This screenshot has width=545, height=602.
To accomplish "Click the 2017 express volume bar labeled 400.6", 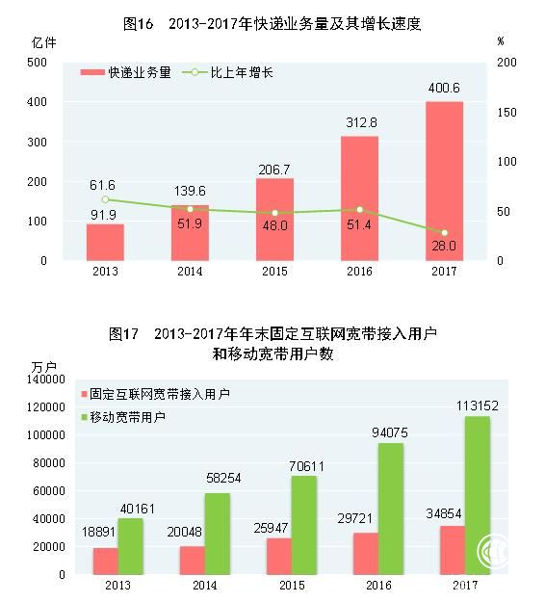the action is coord(444,181).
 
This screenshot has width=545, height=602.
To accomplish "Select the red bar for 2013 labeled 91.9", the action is coord(105,243).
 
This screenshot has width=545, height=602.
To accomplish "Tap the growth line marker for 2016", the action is coord(359,210).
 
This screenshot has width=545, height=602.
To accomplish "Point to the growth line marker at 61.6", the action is coord(106,199).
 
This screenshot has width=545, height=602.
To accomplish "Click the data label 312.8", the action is coord(361,122).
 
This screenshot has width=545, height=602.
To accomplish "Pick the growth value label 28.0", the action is coord(444,246).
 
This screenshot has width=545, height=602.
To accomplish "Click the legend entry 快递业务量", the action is coord(126,72).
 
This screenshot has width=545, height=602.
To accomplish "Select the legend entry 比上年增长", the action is coord(227,72).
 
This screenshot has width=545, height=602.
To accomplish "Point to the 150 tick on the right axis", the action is coord(506,112).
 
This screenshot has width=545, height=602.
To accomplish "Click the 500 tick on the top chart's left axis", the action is coord(37,63).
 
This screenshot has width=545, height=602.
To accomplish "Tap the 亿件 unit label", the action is coord(43,42).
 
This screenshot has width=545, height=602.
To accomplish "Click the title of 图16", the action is coord(272,24).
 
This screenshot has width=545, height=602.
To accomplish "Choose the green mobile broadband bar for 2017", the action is coord(478,495).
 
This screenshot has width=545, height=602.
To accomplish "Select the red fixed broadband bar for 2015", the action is coord(279,557).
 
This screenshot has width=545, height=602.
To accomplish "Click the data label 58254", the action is coord(223,478).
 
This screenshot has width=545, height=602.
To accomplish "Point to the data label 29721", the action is coord(354,519).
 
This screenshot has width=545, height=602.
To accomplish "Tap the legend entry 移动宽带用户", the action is coord(123,417).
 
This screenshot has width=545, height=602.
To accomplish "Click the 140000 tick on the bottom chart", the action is coord(46,379).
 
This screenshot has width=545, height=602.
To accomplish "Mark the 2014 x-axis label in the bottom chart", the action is coord(204,585).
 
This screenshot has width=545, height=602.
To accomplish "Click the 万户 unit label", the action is coord(43,367).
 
